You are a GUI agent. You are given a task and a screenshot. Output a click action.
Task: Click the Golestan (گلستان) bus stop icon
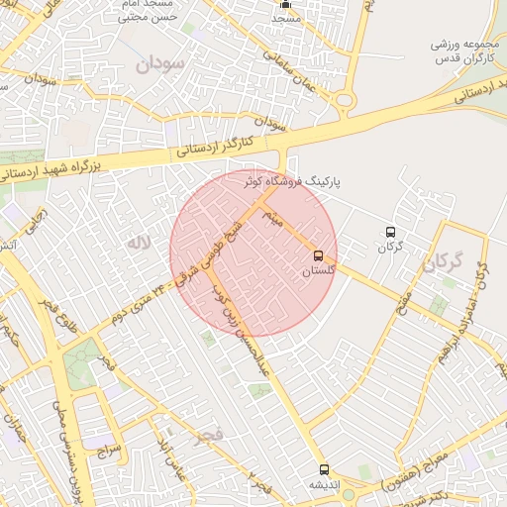pos(318,254)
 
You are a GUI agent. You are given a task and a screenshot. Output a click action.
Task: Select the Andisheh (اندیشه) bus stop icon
pos(323,469)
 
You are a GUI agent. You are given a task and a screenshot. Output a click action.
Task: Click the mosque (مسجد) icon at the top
pos(286,4)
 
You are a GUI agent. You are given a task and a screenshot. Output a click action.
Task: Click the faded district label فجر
pos(210,434)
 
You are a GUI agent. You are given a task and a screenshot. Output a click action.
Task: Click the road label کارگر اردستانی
pos(216,145)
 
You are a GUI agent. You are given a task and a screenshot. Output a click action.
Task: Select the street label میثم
pos(270,219)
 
